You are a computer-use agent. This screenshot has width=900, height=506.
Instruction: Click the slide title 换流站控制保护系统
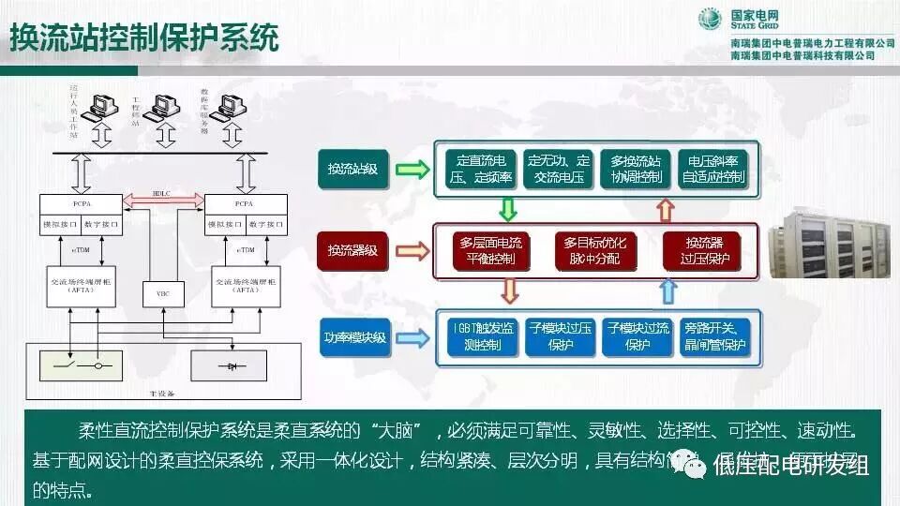[x=145, y=38]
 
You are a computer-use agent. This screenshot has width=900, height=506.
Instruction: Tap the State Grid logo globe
[x=710, y=19]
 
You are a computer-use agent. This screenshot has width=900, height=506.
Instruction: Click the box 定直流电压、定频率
[x=478, y=169]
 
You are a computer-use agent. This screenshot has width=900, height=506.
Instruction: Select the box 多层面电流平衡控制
[x=491, y=250]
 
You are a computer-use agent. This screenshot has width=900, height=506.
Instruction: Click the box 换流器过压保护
[x=695, y=250]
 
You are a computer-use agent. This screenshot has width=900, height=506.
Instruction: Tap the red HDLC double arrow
[x=163, y=198]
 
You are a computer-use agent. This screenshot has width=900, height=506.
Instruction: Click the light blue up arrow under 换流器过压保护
[x=667, y=293]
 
